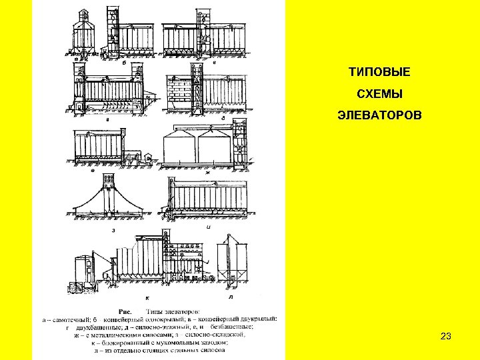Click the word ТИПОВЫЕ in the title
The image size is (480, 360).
pos(379,70)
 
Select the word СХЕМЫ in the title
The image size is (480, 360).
pos(379,93)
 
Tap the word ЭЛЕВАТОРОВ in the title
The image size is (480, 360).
pos(379,116)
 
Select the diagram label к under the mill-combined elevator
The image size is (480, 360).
pos(147,297)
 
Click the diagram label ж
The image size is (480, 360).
pos(207,173)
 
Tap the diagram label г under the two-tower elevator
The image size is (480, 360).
pos(108,118)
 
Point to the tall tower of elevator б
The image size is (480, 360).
pos(111,30)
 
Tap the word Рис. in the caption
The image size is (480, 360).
pos(125,311)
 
